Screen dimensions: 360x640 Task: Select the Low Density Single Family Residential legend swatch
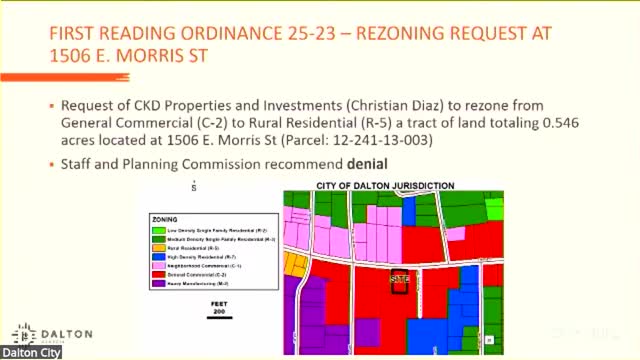point(158,231)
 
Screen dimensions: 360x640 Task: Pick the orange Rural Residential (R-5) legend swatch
point(158,249)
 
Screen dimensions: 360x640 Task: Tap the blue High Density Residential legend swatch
point(158,258)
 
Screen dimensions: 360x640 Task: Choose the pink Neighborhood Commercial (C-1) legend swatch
point(158,267)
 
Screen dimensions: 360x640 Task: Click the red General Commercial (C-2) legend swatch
point(158,275)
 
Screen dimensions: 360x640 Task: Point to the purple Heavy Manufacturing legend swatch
point(158,284)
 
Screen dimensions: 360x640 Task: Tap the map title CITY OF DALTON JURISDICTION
point(385,186)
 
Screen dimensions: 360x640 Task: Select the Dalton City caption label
point(31,353)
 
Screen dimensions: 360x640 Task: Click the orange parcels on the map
point(295,263)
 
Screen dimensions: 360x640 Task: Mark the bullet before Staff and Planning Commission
point(51,164)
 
